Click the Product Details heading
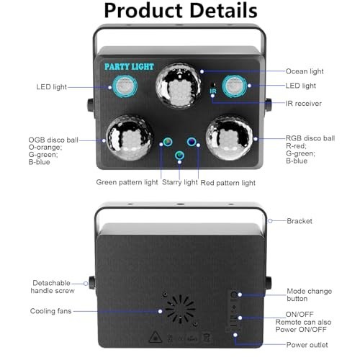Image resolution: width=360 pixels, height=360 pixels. coord(181,11)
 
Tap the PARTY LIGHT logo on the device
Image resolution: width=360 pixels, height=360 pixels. coord(129,67)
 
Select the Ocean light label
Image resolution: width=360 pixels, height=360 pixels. coord(305,71)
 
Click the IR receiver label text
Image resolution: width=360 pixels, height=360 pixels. coord(303,104)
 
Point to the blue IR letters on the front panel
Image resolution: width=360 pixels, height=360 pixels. coord(213,91)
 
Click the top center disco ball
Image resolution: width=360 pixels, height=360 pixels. coord(178,85)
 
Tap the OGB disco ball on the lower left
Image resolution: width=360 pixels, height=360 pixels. coord(130,138)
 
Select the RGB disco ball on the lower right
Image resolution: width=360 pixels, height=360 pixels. coord(230,138)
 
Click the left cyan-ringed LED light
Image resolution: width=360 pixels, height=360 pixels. coord(125,86)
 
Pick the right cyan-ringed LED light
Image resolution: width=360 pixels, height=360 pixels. coord(234,86)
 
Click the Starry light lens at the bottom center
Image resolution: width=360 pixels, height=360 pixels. coord(179,156)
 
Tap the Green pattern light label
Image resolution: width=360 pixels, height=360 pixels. coord(127,182)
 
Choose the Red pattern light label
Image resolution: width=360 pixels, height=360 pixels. coord(228,183)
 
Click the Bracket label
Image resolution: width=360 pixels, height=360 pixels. coord(300,221)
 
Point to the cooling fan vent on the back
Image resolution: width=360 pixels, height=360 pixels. coord(180,309)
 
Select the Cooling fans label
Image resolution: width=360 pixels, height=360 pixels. coord(51,311)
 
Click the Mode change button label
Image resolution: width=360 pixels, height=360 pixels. coord(310,295)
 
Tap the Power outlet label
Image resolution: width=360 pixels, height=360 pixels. coord(307,345)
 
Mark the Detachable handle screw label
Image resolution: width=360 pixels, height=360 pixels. coord(53,287)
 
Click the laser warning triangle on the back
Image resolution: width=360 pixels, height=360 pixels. coord(155,337)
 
